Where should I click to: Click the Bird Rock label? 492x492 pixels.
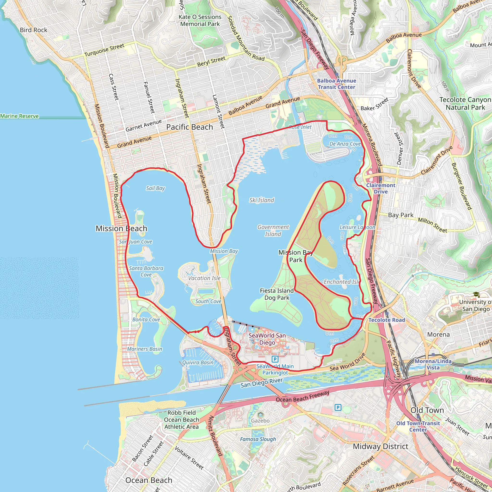click(33, 30)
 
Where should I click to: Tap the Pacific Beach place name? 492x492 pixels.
click(190, 127)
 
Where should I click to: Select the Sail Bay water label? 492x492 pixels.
click(155, 188)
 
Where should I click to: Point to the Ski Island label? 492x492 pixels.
click(262, 200)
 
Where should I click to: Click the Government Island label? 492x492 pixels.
click(273, 230)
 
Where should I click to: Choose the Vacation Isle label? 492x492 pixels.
click(204, 278)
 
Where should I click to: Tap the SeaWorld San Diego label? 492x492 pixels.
click(267, 339)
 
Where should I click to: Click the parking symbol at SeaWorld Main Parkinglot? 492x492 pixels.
click(275, 359)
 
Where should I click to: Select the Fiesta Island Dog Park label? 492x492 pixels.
click(277, 294)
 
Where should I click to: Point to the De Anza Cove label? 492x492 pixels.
click(345, 144)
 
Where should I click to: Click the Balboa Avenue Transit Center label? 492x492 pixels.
click(336, 84)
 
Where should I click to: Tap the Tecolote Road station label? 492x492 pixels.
click(387, 320)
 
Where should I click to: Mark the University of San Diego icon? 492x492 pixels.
click(476, 295)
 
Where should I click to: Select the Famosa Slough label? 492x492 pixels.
click(258, 439)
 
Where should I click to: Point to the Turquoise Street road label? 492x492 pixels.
click(104, 50)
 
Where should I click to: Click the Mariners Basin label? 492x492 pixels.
click(144, 349)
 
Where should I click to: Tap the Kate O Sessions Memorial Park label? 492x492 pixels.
click(200, 20)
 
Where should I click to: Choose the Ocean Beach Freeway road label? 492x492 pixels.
click(302, 396)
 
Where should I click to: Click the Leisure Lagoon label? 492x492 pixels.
click(357, 227)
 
